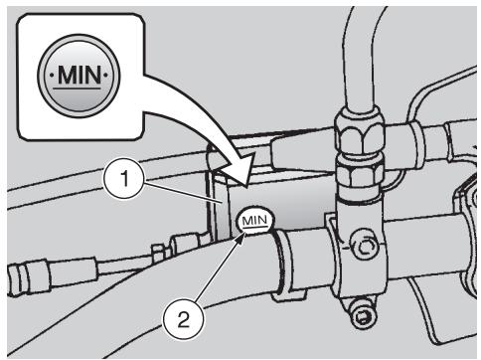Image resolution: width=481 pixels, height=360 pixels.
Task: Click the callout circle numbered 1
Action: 124,179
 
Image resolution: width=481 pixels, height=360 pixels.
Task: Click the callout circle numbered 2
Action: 183,320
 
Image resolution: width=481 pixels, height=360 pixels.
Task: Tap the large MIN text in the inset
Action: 79,75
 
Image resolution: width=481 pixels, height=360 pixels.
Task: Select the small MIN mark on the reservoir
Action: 255,220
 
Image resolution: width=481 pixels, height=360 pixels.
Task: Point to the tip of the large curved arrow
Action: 246,188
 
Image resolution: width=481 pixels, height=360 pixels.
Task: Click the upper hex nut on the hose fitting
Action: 360,135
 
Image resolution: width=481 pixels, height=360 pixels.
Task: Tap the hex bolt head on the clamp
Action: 365,247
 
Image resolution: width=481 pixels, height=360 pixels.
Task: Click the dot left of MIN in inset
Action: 52,76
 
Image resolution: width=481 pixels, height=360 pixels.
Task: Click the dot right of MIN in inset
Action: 106,76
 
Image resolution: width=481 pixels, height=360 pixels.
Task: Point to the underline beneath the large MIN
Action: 78,89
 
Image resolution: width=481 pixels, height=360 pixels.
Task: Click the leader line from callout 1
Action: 185,193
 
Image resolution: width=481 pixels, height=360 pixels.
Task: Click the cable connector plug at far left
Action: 28,277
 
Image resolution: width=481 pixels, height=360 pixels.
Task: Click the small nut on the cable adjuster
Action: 158,253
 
